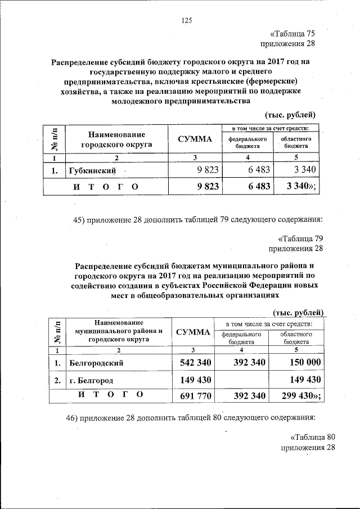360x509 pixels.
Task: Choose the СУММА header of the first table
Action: pos(195,139)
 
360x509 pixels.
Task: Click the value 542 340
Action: pos(195,363)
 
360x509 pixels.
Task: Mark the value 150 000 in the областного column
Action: pos(301,363)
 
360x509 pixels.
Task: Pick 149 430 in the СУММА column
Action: pos(195,380)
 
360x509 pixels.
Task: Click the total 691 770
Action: pos(195,396)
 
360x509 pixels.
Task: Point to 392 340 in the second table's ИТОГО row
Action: pos(249,396)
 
